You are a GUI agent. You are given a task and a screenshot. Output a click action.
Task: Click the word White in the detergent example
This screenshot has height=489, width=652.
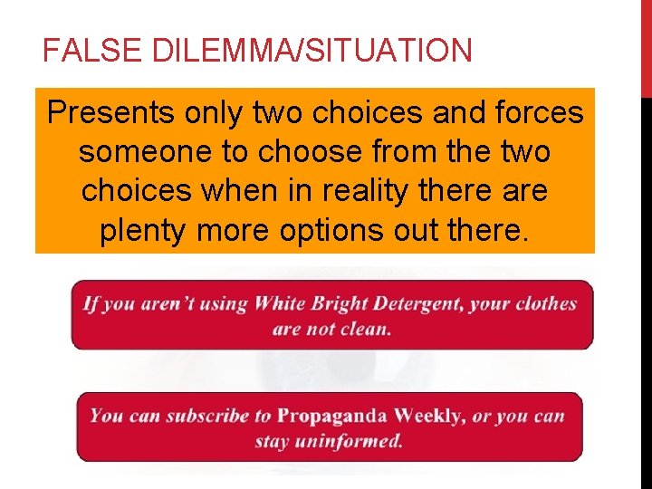[281, 302]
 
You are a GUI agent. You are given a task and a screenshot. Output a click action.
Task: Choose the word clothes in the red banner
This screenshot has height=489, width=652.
[546, 302]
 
